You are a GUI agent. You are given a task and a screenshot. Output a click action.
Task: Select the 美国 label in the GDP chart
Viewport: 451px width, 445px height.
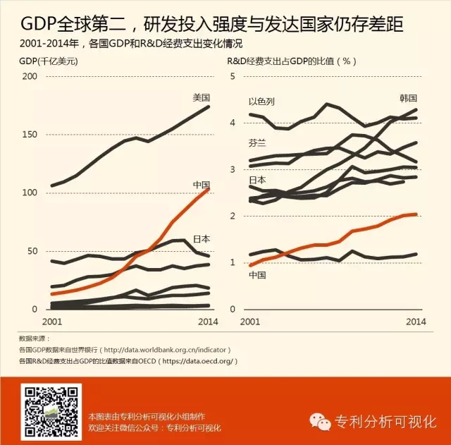[202, 97]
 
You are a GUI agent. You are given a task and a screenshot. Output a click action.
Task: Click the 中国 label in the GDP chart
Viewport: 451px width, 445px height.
[202, 185]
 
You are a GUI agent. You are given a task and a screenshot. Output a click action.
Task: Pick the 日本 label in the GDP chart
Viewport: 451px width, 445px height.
[202, 238]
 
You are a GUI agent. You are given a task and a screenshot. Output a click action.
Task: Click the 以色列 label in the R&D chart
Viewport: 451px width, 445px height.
[261, 102]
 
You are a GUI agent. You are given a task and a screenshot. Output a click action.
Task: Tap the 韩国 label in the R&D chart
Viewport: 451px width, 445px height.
[409, 97]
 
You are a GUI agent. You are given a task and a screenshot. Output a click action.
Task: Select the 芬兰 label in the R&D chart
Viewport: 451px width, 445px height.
[257, 143]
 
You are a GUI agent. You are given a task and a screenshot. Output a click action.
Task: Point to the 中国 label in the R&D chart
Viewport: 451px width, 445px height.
[257, 274]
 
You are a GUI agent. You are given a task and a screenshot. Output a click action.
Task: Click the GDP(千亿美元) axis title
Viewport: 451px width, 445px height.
[48, 61]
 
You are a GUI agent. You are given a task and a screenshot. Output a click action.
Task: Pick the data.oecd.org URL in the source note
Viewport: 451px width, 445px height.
[199, 361]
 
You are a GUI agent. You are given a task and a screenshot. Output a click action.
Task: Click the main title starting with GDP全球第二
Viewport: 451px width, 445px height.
[211, 25]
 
